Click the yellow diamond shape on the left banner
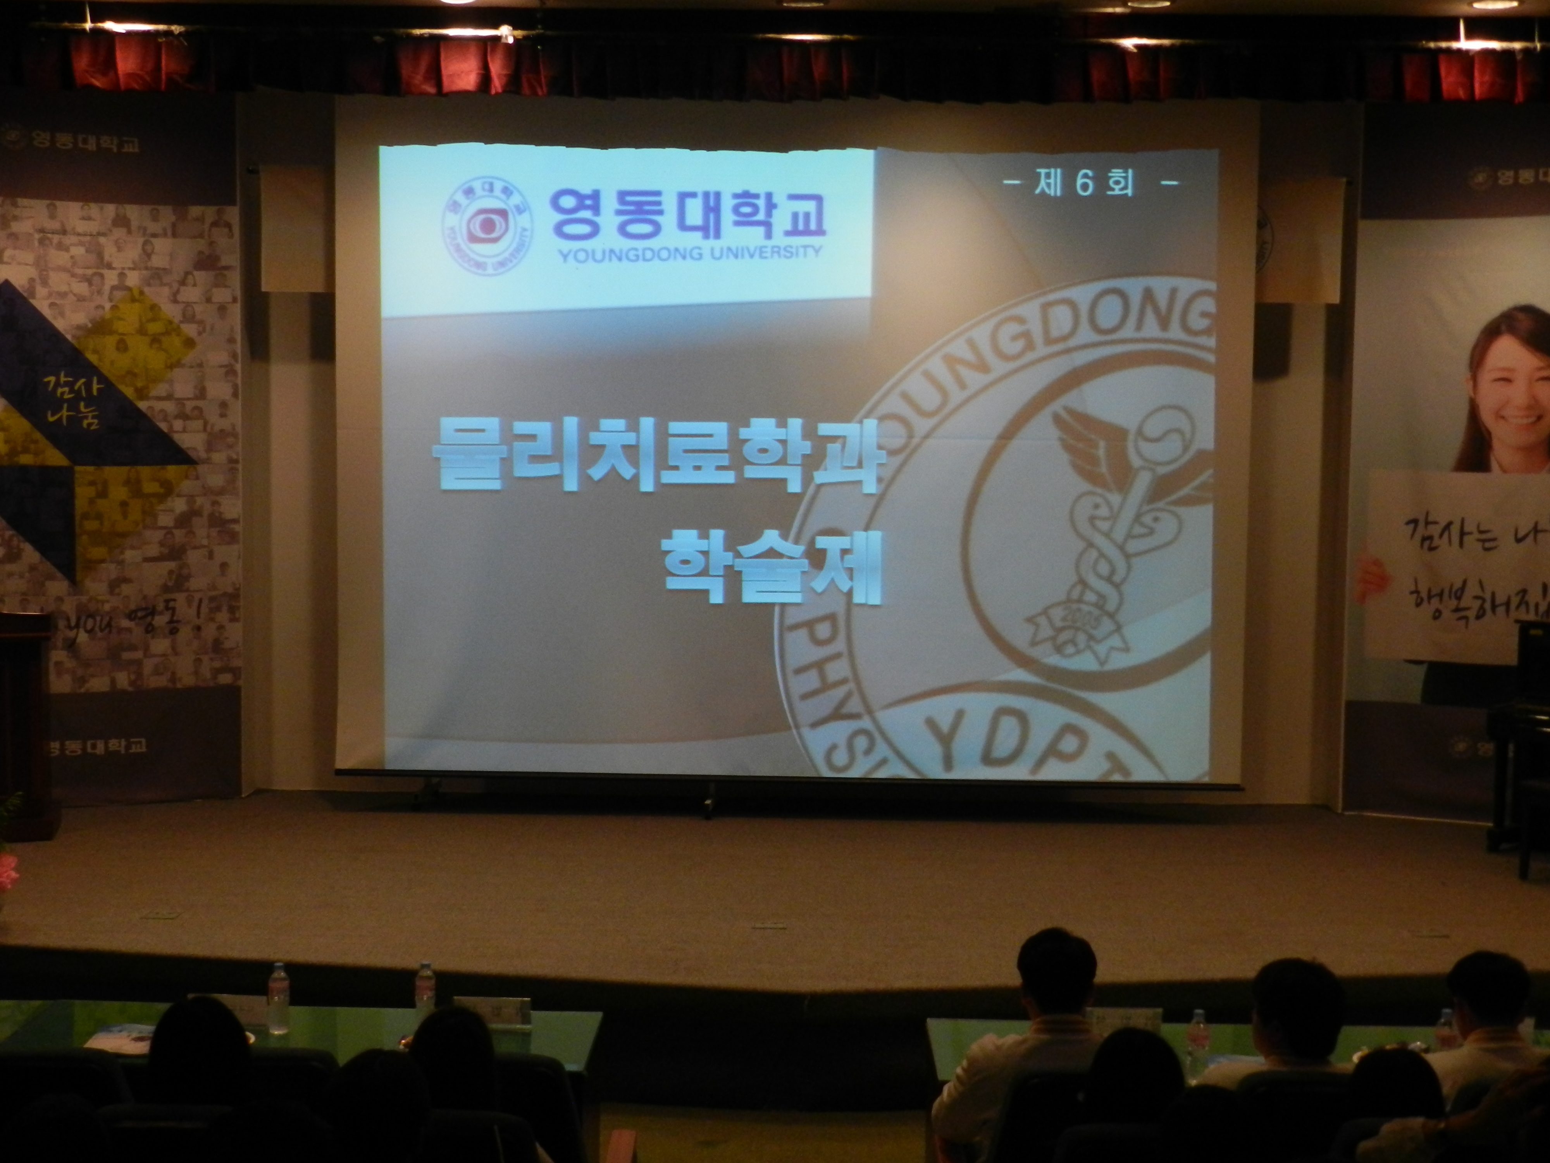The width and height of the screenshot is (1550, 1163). point(140,343)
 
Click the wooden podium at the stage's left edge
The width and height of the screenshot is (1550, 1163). point(24,722)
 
